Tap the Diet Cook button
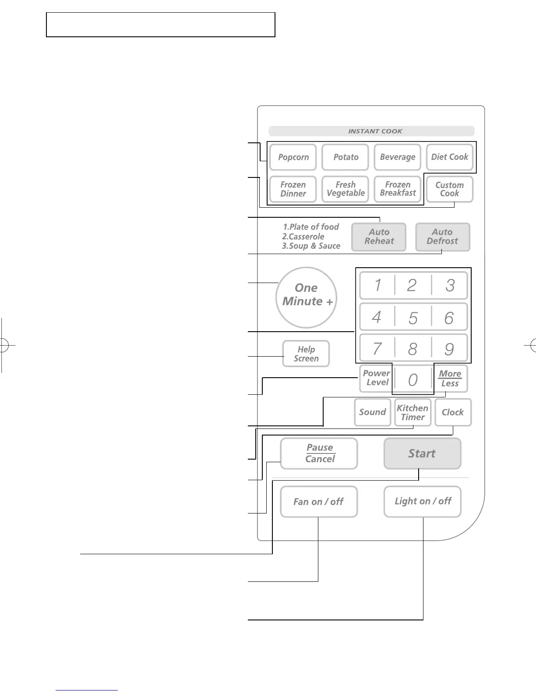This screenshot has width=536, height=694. tap(450, 157)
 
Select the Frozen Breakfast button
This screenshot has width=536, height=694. tap(398, 189)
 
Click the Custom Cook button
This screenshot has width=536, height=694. tap(450, 189)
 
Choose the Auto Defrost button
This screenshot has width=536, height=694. tap(442, 237)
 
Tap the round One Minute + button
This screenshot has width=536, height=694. tap(307, 297)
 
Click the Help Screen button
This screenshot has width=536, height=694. tap(306, 354)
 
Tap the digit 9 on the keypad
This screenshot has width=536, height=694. tap(449, 349)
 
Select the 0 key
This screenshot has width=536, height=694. tap(413, 379)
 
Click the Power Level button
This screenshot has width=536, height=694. tap(376, 378)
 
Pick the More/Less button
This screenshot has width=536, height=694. tap(450, 379)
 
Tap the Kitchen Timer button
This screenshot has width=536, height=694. tap(413, 412)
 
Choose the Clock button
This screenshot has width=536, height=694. tap(453, 412)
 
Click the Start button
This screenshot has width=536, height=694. tap(422, 453)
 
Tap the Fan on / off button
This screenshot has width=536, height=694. tap(319, 502)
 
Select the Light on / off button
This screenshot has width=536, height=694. tap(423, 501)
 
